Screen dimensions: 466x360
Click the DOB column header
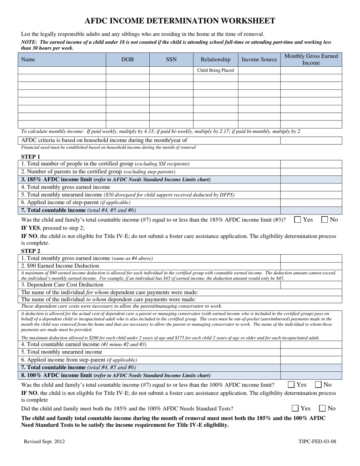(127, 59)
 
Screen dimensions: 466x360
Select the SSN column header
(171, 59)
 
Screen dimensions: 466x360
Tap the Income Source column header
(259, 59)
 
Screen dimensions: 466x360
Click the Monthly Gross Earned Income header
(311, 59)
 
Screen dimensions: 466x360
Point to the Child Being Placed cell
(216, 70)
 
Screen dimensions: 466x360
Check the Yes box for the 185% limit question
(298, 219)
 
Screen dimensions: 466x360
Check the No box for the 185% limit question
(325, 219)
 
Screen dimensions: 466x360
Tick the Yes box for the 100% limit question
(291, 385)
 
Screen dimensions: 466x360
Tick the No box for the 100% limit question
(318, 385)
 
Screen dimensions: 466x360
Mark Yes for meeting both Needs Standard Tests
(296, 408)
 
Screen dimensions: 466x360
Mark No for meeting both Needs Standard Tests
(322, 408)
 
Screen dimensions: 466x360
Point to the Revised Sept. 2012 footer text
(44, 441)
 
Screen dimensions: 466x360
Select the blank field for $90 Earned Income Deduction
(311, 266)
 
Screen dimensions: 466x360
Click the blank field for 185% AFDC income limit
(311, 180)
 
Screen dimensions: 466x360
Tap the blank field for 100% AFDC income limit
(311, 375)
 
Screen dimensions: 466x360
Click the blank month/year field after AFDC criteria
(311, 140)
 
